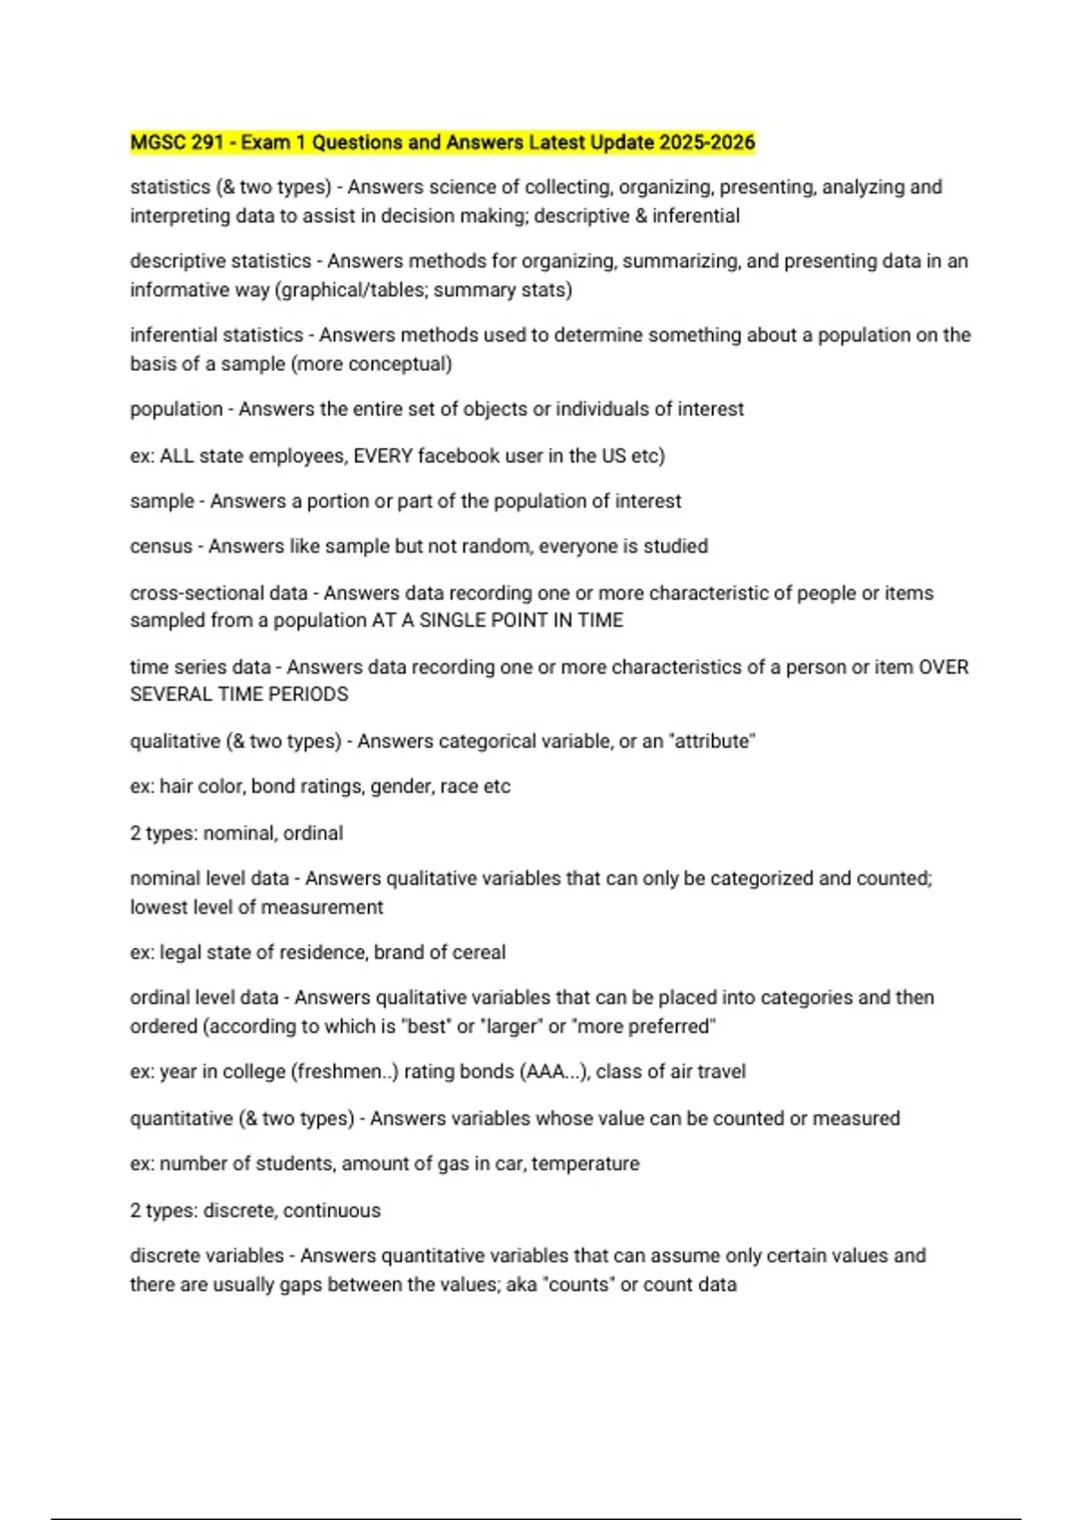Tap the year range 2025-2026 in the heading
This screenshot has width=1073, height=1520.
707,142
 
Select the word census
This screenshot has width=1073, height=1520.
161,546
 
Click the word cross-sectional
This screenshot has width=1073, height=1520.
218,593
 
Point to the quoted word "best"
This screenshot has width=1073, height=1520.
426,1026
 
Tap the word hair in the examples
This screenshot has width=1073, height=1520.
175,787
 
